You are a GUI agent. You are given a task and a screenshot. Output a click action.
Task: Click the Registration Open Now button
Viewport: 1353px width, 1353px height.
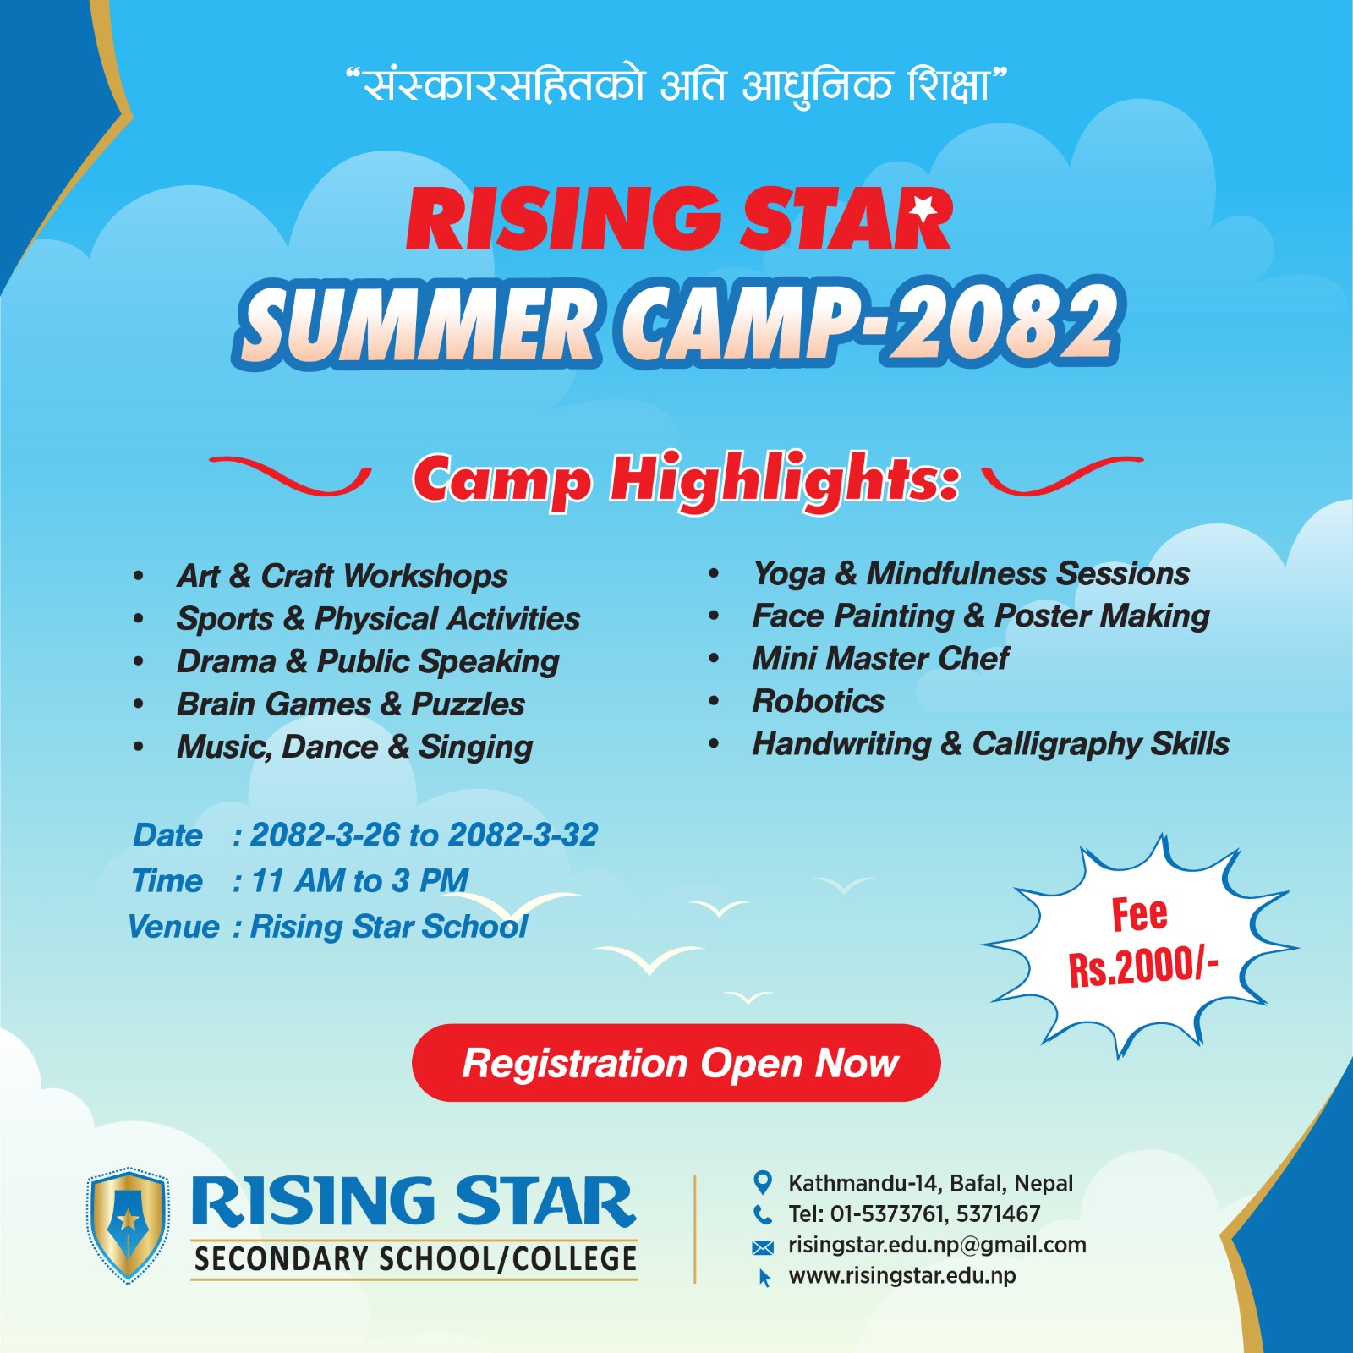[676, 1063]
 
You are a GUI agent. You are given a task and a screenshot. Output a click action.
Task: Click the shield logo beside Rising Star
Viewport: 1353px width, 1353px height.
[128, 1225]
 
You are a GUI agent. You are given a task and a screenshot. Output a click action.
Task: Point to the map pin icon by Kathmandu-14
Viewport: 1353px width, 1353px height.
[763, 1182]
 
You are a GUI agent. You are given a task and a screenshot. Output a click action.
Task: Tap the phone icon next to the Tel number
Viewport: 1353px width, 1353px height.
[763, 1214]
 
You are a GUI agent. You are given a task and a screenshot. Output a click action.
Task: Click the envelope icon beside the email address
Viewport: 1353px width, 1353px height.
[763, 1246]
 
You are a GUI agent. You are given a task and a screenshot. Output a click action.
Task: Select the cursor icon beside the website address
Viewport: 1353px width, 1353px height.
[764, 1278]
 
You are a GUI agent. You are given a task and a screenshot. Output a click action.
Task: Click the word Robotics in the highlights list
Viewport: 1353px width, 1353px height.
[819, 701]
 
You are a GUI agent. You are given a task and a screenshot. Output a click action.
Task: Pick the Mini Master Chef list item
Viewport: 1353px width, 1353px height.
[880, 658]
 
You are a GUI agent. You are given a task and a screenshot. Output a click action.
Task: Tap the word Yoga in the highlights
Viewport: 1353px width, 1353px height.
[789, 574]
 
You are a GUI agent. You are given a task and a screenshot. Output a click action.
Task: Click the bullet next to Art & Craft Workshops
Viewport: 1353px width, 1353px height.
[139, 577]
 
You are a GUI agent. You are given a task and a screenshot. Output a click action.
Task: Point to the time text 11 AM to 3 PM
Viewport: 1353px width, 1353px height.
[359, 881]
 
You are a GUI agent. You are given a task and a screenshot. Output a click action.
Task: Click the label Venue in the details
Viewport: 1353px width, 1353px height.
[173, 927]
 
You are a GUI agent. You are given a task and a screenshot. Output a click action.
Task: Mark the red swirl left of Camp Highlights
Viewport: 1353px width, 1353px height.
[290, 475]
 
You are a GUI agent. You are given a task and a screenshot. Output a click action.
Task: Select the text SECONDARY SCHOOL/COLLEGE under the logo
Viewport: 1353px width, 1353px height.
[415, 1259]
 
